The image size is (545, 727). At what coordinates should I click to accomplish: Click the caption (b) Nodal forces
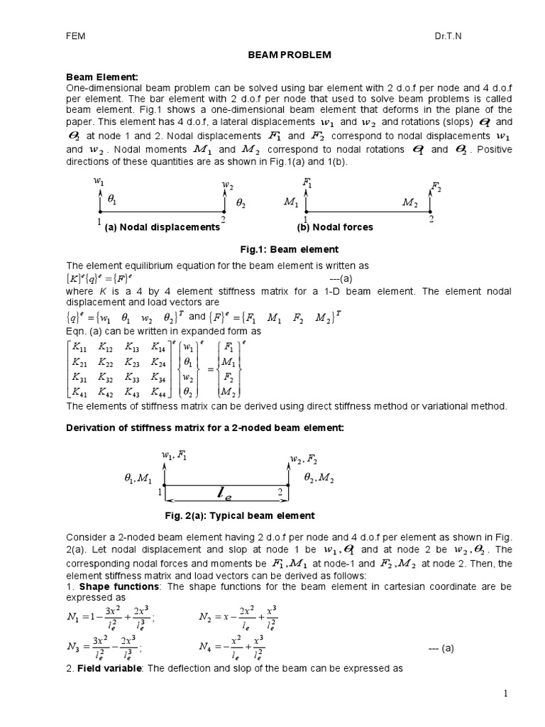pyautogui.click(x=335, y=227)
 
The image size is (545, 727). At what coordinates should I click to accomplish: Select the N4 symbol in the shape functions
pyautogui.click(x=206, y=647)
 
